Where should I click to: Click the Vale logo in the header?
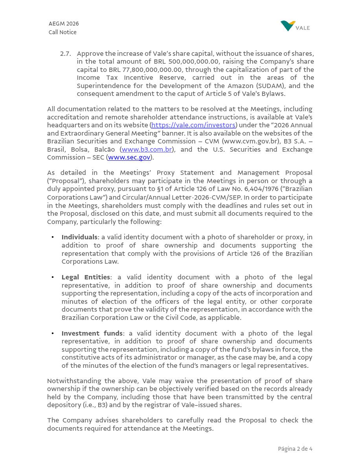(x=295, y=26)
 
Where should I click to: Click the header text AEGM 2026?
(x=64, y=24)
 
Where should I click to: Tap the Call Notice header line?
(x=62, y=32)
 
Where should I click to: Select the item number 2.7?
(x=65, y=53)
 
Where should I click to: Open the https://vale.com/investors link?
(x=193, y=125)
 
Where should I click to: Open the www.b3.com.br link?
(x=147, y=149)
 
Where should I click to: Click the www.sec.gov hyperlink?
(x=129, y=158)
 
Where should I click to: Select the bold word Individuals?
(x=79, y=237)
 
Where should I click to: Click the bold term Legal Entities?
(x=86, y=277)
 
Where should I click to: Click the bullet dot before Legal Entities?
(x=53, y=277)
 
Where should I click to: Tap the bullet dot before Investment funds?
(x=53, y=334)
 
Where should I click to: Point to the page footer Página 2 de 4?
(x=295, y=449)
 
